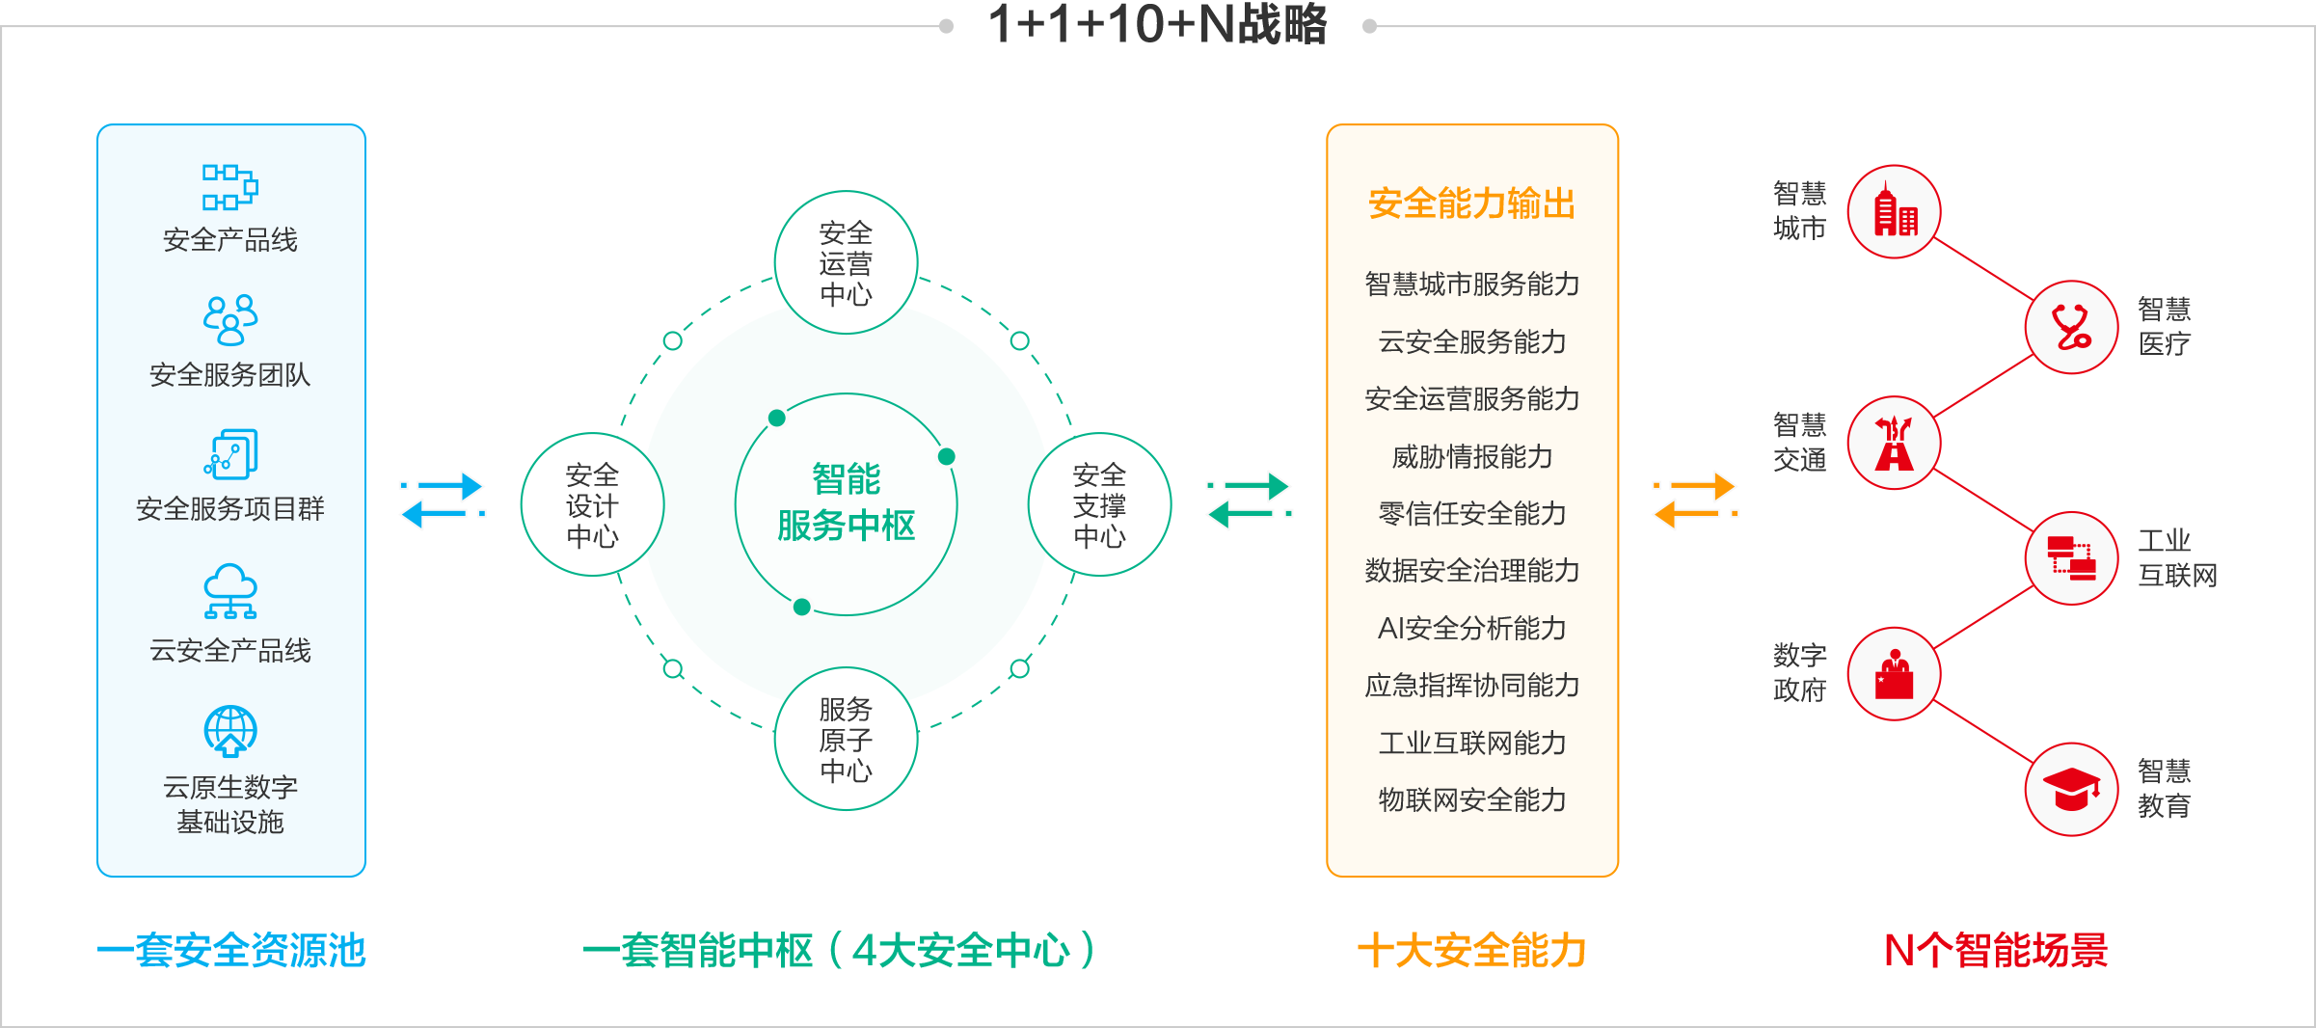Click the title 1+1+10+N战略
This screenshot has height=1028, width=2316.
point(1158,24)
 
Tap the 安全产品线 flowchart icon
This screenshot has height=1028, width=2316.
point(229,187)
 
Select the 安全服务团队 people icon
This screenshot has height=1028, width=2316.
point(230,320)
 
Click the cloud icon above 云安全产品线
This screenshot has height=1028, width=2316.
point(230,591)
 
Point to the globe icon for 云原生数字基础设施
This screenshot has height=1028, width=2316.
point(230,731)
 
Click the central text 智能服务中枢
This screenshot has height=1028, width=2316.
point(846,502)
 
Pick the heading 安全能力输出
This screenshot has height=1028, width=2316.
point(1471,203)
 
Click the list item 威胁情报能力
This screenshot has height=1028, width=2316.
point(1471,456)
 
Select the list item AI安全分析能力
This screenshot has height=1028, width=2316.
point(1471,628)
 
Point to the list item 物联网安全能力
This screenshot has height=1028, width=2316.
point(1471,799)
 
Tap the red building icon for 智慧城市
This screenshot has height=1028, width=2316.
point(1895,212)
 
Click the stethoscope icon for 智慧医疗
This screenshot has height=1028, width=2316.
point(2071,327)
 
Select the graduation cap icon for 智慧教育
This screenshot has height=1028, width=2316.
point(2071,790)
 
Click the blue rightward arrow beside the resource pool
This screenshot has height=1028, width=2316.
point(442,486)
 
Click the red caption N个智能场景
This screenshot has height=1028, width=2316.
point(1996,950)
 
